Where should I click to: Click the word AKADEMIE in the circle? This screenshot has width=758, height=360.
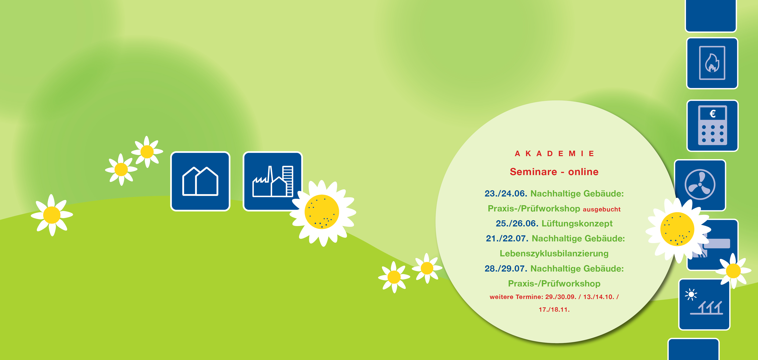(x=554, y=153)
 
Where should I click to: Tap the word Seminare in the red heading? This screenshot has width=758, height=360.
(x=533, y=172)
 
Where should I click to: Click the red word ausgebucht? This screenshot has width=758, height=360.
(x=601, y=209)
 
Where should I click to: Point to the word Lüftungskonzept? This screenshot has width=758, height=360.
(x=577, y=224)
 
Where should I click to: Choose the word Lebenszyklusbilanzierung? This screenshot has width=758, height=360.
(x=554, y=254)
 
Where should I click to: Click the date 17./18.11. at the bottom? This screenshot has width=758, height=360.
(x=554, y=309)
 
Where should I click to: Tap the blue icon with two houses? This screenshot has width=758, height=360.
(x=200, y=181)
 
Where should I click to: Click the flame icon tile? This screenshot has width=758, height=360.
(x=712, y=63)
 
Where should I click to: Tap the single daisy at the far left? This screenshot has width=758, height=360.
(x=52, y=215)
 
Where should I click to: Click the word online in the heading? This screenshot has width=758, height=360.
(x=583, y=172)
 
